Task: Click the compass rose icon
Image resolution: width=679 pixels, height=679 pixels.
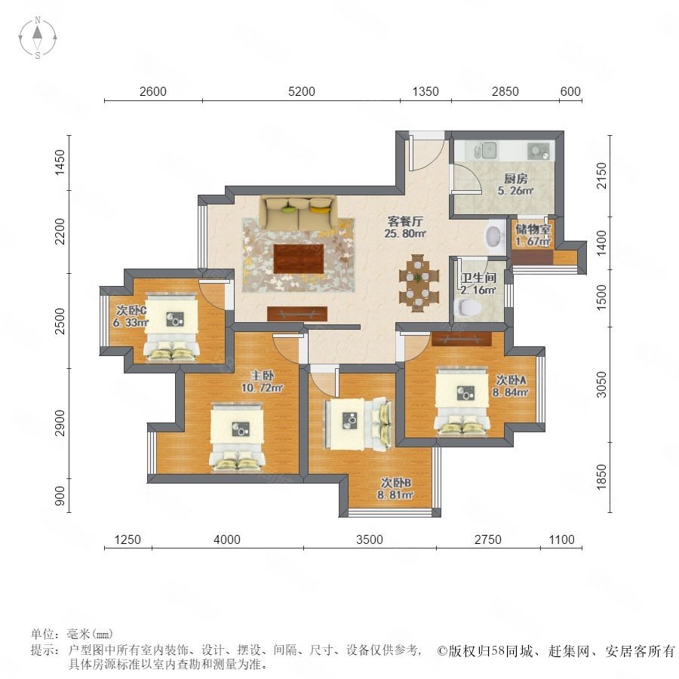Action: click(x=38, y=37)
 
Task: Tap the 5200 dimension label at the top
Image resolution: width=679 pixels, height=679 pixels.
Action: click(x=301, y=91)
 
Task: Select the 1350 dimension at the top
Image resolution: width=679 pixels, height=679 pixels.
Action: click(x=426, y=91)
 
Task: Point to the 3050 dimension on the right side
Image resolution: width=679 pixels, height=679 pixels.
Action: click(x=602, y=385)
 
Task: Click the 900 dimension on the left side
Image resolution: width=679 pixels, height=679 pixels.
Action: click(x=60, y=496)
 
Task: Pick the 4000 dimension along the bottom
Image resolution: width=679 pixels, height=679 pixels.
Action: click(x=227, y=539)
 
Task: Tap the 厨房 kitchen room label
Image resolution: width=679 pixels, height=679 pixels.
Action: click(x=515, y=178)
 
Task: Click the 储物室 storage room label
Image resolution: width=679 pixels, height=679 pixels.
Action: click(x=533, y=229)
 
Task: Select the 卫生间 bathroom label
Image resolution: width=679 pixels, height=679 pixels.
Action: click(x=478, y=278)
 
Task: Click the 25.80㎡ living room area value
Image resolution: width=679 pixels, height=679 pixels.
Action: click(x=405, y=234)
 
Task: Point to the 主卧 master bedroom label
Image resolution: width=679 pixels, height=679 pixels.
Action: click(x=263, y=376)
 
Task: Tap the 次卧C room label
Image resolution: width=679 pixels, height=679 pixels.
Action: click(x=131, y=311)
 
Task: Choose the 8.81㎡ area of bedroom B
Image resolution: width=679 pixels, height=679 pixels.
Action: click(x=395, y=494)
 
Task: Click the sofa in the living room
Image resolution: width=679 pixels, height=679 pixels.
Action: click(x=298, y=214)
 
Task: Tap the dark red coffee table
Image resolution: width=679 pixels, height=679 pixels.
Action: click(x=299, y=259)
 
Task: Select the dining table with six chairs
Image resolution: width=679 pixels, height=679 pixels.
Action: click(x=418, y=283)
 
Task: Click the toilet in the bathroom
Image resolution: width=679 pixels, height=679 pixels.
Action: click(x=467, y=307)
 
